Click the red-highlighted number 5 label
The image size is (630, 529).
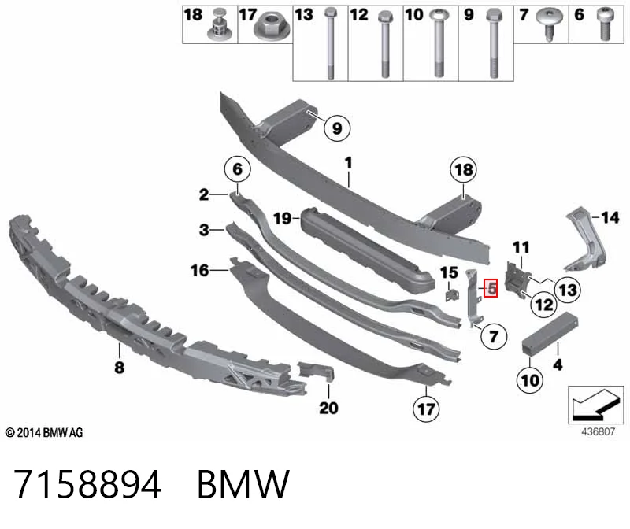(491, 288)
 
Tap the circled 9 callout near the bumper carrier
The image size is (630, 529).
(337, 128)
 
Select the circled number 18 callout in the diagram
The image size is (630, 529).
(463, 169)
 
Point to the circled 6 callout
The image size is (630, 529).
(238, 169)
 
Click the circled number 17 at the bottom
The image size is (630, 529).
(426, 409)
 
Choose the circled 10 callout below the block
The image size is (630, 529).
(529, 380)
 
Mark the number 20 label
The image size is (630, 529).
(328, 408)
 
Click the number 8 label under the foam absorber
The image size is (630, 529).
(120, 367)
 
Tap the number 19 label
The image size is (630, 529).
(282, 219)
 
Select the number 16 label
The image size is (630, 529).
(200, 270)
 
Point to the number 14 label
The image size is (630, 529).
(610, 218)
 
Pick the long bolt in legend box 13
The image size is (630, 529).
(330, 43)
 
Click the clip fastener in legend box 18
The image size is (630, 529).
(220, 24)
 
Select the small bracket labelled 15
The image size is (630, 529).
(452, 294)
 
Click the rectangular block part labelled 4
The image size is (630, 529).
(549, 334)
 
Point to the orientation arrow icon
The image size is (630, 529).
(595, 405)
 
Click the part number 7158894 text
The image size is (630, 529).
(87, 484)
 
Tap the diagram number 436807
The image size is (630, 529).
(598, 431)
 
